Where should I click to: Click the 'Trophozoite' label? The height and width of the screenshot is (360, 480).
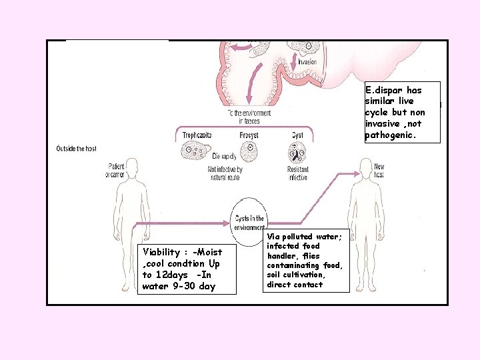pyautogui.click(x=197, y=135)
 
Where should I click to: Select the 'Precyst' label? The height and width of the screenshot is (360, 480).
pyautogui.click(x=249, y=135)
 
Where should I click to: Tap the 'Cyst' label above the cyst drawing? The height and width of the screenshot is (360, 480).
pyautogui.click(x=297, y=135)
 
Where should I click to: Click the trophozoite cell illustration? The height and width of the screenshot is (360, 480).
pyautogui.click(x=195, y=152)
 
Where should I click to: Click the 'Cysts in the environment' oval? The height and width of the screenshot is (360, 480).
pyautogui.click(x=249, y=218)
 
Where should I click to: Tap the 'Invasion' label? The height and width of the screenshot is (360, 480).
pyautogui.click(x=307, y=62)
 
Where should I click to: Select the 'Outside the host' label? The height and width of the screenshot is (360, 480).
pyautogui.click(x=76, y=149)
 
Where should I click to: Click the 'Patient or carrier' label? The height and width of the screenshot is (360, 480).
pyautogui.click(x=115, y=170)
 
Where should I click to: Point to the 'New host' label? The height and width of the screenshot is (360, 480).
pyautogui.click(x=379, y=170)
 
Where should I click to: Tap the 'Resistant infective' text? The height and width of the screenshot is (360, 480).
pyautogui.click(x=297, y=173)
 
